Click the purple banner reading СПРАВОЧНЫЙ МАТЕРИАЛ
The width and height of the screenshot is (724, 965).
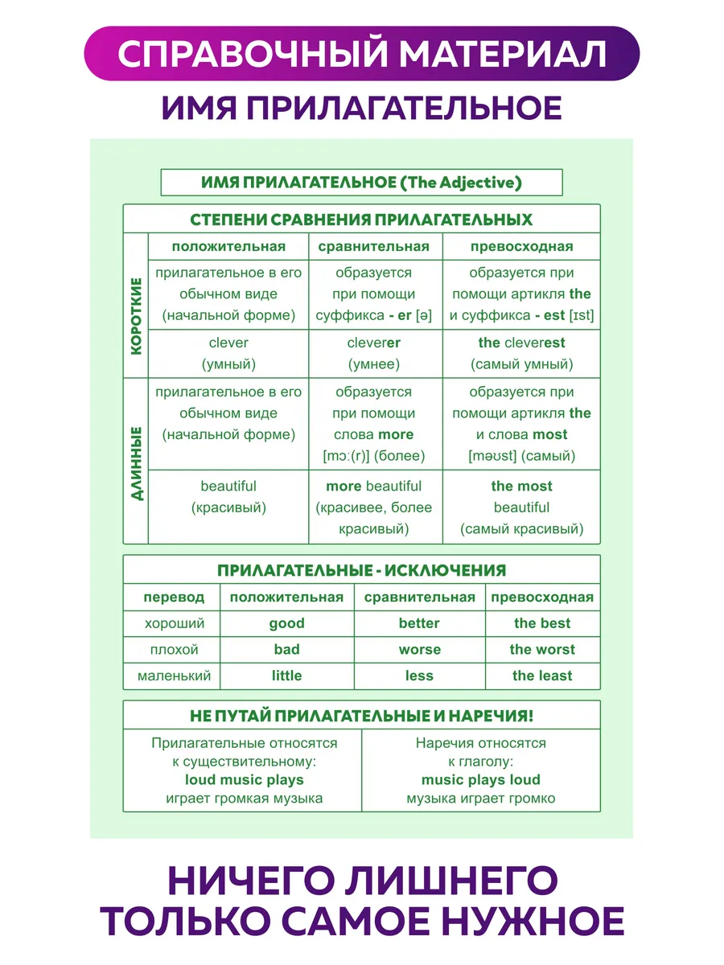pyautogui.click(x=361, y=53)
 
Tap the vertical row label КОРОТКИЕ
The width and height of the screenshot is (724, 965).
pyautogui.click(x=136, y=316)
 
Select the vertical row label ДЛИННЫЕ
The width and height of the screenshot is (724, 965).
pyautogui.click(x=137, y=463)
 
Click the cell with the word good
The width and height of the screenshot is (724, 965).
pyautogui.click(x=286, y=623)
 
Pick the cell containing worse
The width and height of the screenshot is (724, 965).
pyautogui.click(x=420, y=649)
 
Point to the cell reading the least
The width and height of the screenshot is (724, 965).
pyautogui.click(x=542, y=675)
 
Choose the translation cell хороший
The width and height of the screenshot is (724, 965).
pyautogui.click(x=175, y=623)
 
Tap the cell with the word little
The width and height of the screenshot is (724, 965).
pyautogui.click(x=286, y=675)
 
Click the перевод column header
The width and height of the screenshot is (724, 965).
pyautogui.click(x=174, y=597)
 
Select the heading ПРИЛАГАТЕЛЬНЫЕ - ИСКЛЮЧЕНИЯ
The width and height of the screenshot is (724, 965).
pyautogui.click(x=361, y=570)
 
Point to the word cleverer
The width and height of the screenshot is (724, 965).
pyautogui.click(x=373, y=343)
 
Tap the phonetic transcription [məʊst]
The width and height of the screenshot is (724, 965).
pyautogui.click(x=492, y=456)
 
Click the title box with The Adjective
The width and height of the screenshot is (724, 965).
pyautogui.click(x=361, y=183)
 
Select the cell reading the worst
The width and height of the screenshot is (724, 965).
pyautogui.click(x=542, y=649)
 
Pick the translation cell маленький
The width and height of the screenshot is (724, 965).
pyautogui.click(x=174, y=675)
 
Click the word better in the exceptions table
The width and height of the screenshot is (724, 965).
pyautogui.click(x=419, y=623)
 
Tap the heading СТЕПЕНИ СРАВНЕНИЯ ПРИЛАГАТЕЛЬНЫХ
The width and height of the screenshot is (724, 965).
pyautogui.click(x=361, y=220)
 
